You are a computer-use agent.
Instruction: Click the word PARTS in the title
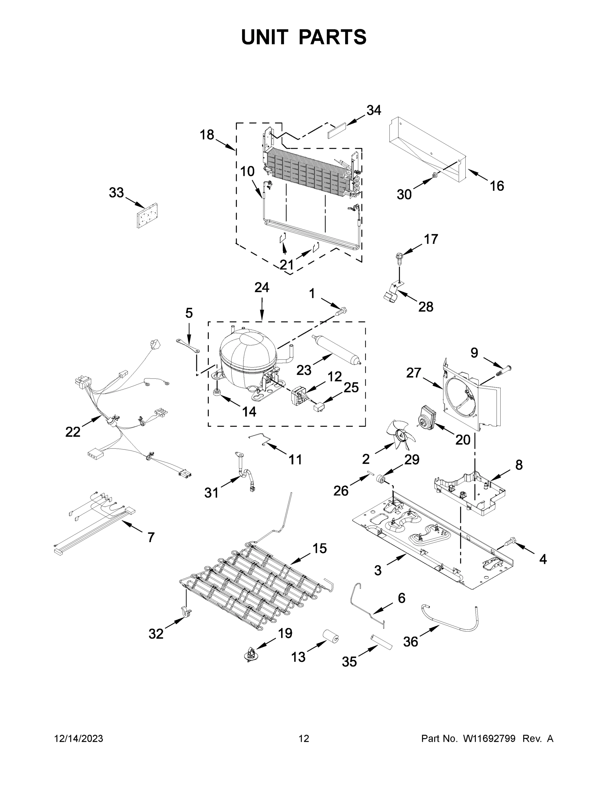pos(332,37)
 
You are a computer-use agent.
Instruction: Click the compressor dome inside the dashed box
pos(247,350)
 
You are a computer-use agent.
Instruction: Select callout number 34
pos(374,110)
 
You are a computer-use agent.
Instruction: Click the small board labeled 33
pos(147,215)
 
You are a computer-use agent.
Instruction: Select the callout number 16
pos(497,186)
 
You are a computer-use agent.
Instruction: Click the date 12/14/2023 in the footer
pos(79,738)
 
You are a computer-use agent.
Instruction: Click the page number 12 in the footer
pos(304,738)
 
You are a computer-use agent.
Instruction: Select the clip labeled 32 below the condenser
pos(186,612)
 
